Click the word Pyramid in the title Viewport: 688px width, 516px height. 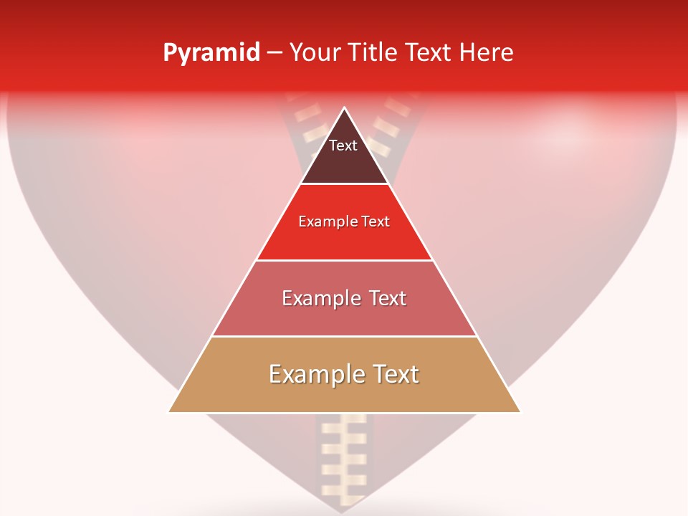coord(211,53)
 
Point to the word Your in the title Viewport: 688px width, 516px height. coord(314,52)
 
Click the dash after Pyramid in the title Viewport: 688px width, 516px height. coord(274,53)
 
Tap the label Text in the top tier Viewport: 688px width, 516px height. coord(343,145)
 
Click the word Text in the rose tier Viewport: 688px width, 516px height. coord(384,297)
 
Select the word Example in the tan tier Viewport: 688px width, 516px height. coord(312,374)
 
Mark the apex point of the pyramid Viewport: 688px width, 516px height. coord(344,107)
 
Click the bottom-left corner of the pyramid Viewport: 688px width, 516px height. coord(169,412)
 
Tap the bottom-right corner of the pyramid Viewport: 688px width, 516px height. coord(520,412)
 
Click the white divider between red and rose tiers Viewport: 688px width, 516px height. coord(344,260)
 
